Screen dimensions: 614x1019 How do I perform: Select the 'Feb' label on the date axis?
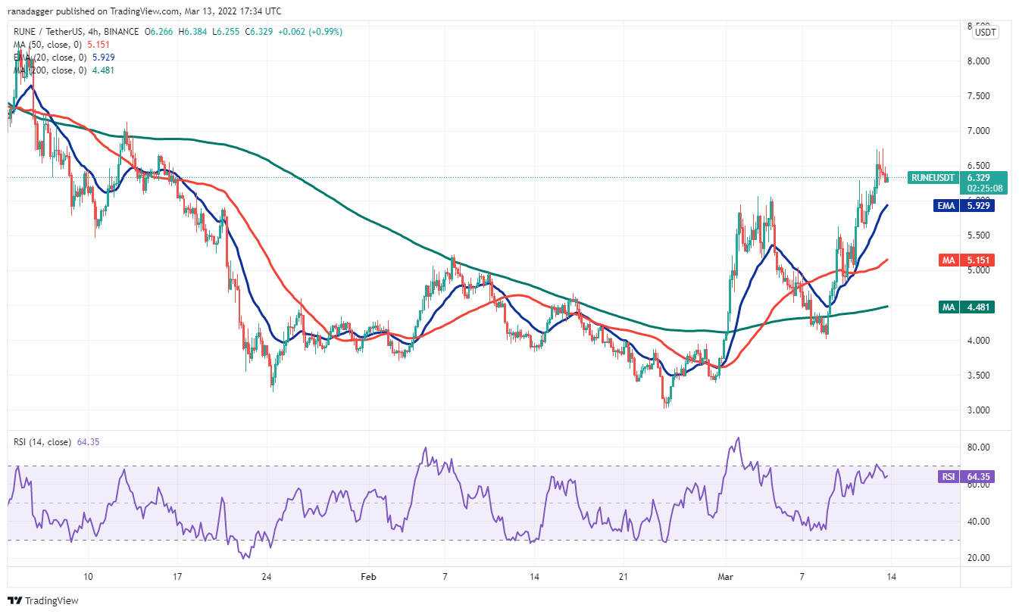368,575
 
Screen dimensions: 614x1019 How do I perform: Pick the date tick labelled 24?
267,575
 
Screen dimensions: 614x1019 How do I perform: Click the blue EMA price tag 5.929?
983,205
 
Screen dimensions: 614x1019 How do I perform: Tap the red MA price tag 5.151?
983,260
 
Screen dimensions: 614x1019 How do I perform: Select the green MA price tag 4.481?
983,307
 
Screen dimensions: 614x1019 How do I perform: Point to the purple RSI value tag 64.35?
983,477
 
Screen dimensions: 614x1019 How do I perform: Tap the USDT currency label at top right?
985,33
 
